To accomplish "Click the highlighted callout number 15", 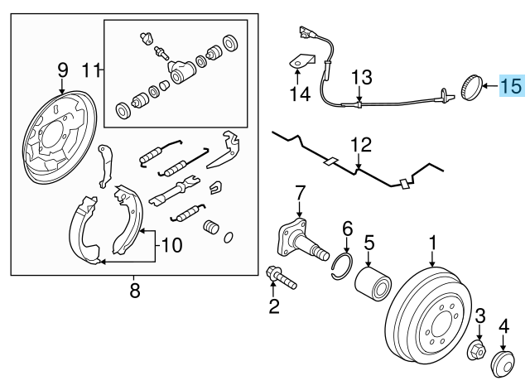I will pos(511,84).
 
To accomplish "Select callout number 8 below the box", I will pos(135,290).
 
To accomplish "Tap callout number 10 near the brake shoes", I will pos(171,244).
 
